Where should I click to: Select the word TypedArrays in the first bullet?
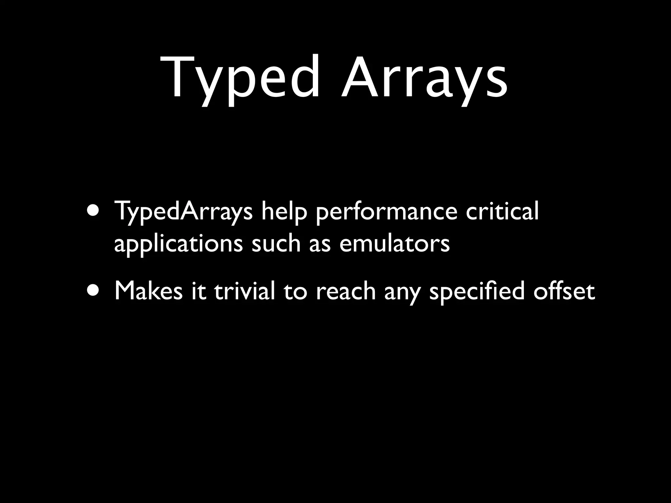point(183,212)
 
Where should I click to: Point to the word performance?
point(387,212)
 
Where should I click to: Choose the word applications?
point(179,244)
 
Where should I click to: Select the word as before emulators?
point(320,244)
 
